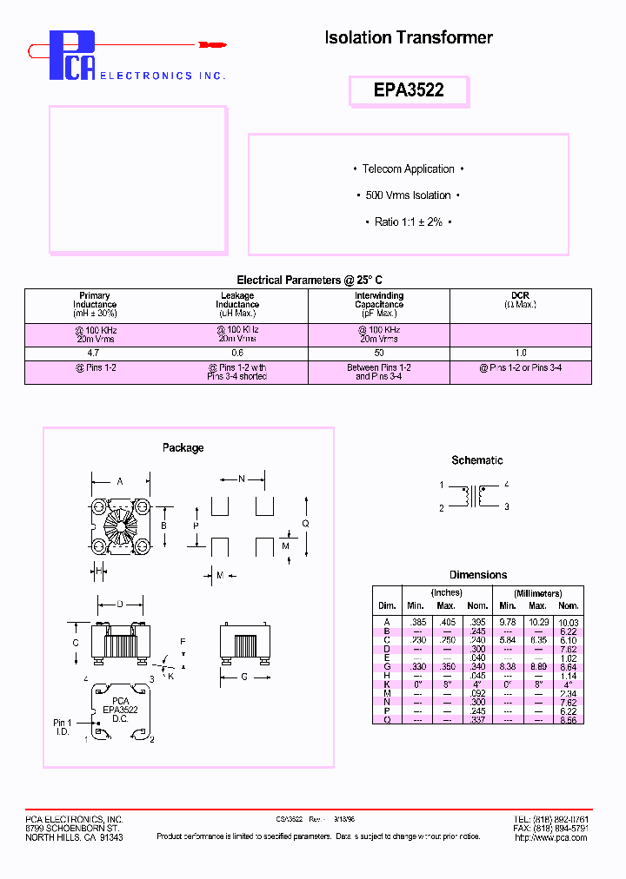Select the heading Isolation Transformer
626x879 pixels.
click(408, 37)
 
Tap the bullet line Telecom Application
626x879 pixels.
click(408, 169)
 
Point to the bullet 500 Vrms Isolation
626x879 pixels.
click(408, 195)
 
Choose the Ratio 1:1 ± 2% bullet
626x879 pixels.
click(408, 222)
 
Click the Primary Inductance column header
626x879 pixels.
click(95, 305)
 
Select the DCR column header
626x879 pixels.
click(520, 301)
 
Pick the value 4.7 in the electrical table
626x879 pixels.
click(95, 354)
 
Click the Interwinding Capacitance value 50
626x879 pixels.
click(378, 354)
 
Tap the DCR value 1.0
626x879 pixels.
click(520, 354)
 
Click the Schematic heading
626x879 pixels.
click(476, 460)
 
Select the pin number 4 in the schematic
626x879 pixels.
click(506, 485)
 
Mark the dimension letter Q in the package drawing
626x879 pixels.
click(305, 523)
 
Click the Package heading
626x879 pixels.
click(183, 448)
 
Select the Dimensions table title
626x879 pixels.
click(477, 575)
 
